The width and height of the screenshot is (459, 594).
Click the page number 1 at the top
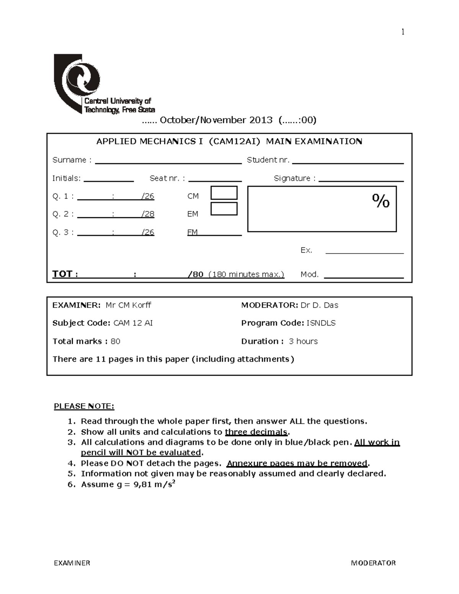click(x=402, y=32)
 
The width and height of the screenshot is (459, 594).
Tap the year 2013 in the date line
click(x=261, y=120)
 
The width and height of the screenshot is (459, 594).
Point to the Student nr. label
click(x=268, y=160)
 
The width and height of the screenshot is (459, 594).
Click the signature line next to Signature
click(x=361, y=179)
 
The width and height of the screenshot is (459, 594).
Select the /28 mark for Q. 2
click(x=148, y=214)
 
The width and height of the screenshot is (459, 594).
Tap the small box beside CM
click(x=224, y=193)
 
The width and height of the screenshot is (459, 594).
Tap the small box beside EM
click(x=224, y=209)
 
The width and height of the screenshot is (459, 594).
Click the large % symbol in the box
click(x=381, y=201)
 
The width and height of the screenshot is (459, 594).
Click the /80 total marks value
click(x=196, y=274)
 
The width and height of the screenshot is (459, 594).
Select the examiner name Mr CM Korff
click(x=128, y=305)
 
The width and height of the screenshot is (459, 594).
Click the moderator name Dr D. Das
click(x=319, y=305)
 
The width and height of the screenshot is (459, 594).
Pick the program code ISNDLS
click(x=321, y=323)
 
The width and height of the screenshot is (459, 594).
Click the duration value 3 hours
click(x=303, y=341)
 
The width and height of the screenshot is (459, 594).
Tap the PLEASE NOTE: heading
click(x=84, y=406)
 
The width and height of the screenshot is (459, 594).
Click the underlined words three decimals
click(x=256, y=432)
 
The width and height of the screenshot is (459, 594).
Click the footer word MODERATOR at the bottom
click(x=373, y=563)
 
